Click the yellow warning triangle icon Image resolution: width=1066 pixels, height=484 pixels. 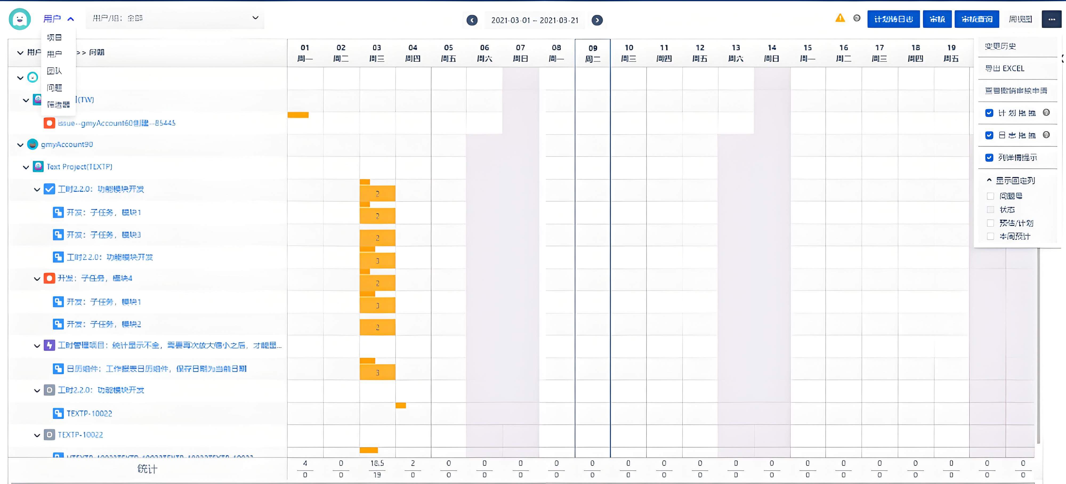[x=840, y=18]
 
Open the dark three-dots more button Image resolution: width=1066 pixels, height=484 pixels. [x=1051, y=19]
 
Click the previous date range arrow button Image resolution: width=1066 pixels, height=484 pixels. [x=472, y=20]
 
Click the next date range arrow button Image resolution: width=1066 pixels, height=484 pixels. [x=597, y=20]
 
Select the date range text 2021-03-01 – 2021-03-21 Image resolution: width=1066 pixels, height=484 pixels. [x=534, y=20]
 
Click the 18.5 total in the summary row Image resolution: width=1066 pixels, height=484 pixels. [x=377, y=463]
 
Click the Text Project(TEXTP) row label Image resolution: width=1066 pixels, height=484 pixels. [x=79, y=167]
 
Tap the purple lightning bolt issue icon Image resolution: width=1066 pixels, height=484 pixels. [x=49, y=345]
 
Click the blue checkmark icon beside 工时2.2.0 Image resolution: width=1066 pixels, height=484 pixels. [x=49, y=189]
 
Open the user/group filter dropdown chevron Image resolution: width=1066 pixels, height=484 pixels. [x=255, y=18]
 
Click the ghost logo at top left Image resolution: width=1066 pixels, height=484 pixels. [x=19, y=19]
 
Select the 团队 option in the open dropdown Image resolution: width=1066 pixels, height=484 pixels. [x=54, y=71]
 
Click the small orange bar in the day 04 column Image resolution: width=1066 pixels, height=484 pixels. [x=401, y=405]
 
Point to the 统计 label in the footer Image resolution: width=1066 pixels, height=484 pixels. [x=147, y=469]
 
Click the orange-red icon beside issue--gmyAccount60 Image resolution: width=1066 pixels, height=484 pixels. [x=49, y=123]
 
